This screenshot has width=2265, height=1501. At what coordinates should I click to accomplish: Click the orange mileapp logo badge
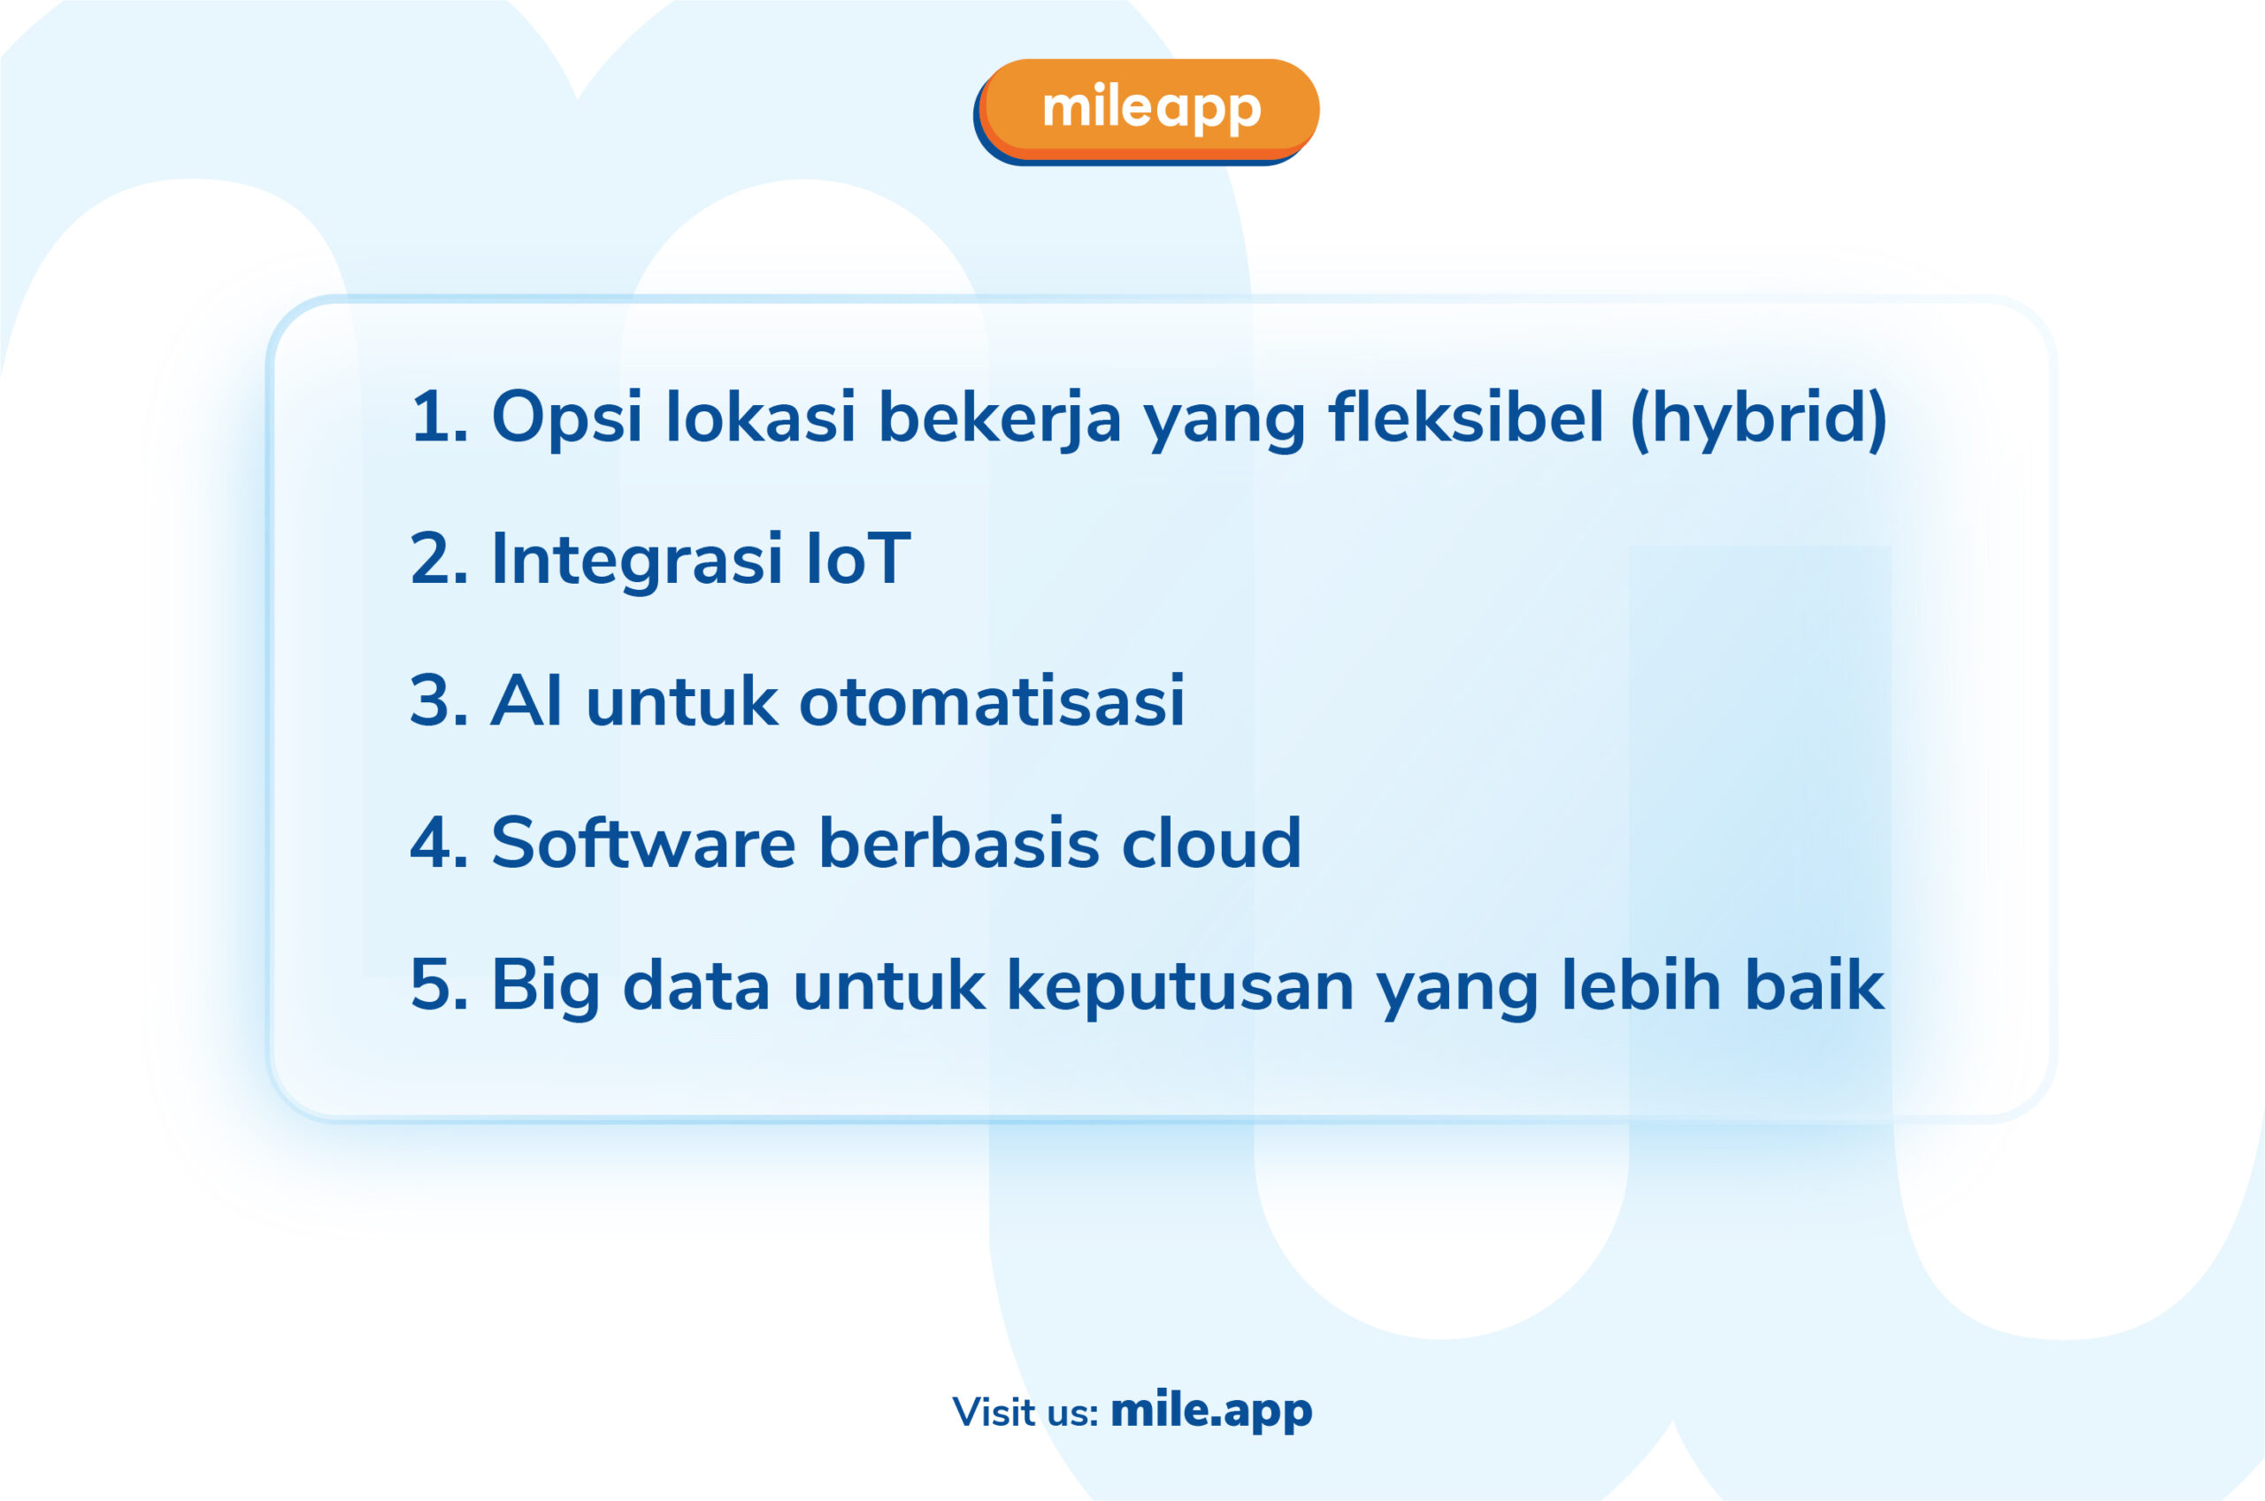(1146, 111)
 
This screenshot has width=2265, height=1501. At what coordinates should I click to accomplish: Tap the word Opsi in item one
(567, 418)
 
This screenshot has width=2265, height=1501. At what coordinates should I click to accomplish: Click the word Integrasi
(637, 561)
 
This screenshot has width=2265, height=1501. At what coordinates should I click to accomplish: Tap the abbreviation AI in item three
(526, 701)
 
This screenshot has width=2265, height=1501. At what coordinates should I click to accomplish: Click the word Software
(643, 842)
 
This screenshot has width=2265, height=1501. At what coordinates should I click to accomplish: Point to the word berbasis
(959, 842)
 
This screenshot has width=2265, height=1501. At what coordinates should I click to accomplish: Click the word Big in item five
(546, 986)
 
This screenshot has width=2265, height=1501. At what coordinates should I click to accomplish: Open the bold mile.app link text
(1211, 1411)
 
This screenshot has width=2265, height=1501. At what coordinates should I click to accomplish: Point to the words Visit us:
(1025, 1413)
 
